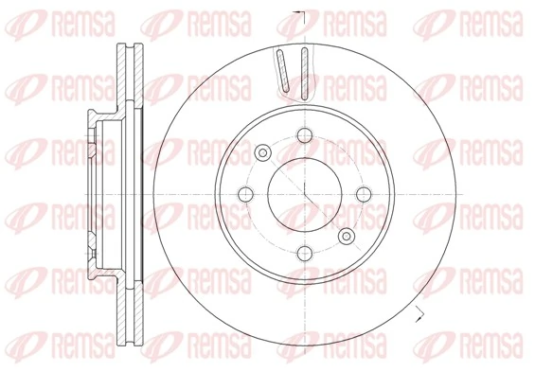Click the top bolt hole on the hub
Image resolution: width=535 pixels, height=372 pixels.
pyautogui.click(x=304, y=136)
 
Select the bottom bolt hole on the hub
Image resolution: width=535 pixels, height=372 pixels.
pyautogui.click(x=304, y=252)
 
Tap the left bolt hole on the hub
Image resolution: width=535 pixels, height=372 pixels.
pyautogui.click(x=246, y=194)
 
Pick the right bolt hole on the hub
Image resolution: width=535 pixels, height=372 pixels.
pyautogui.click(x=362, y=194)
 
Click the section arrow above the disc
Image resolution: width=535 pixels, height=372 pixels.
pyautogui.click(x=299, y=14)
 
